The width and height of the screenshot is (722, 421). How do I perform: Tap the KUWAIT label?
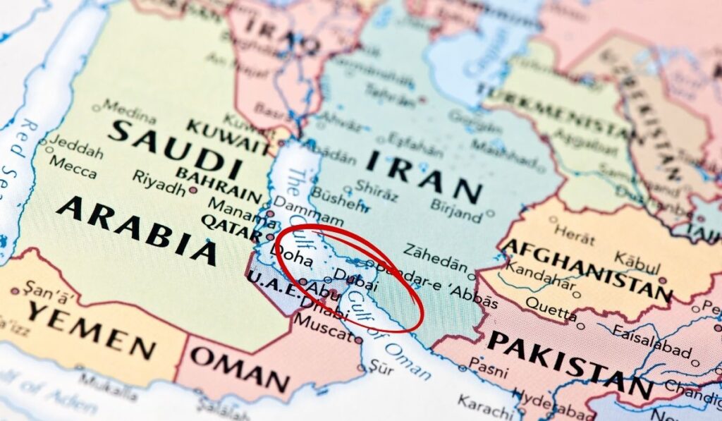point(227,136)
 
